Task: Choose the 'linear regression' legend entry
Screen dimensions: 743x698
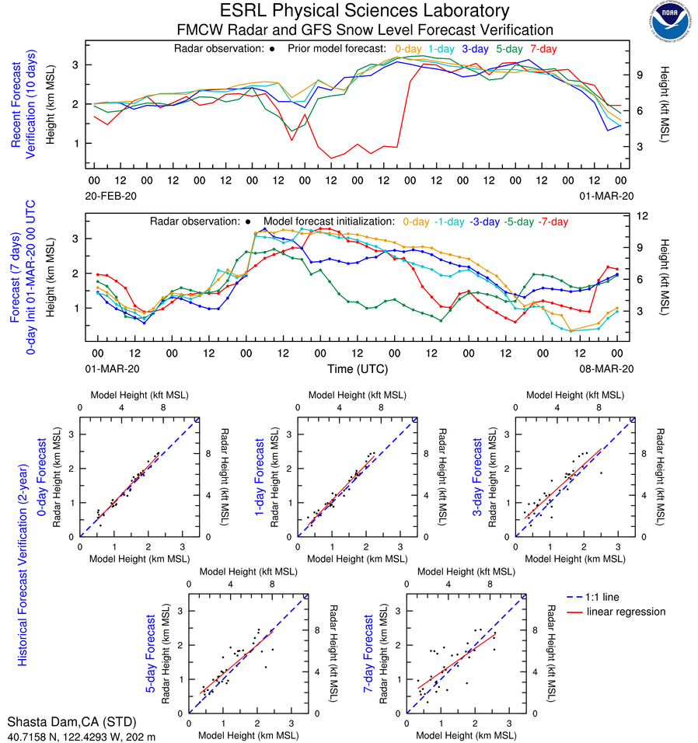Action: coord(626,612)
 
